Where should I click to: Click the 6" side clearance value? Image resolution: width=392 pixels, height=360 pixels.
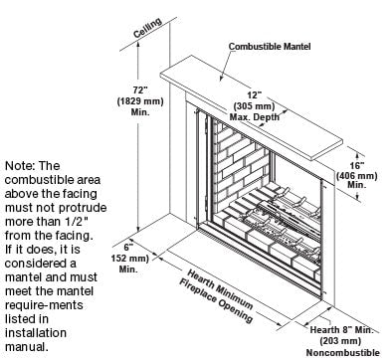129,246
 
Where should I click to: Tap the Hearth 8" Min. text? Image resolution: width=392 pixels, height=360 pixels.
344,330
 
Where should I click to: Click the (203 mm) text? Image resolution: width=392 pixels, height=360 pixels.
344,341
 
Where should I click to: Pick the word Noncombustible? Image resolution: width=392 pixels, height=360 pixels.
344,353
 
